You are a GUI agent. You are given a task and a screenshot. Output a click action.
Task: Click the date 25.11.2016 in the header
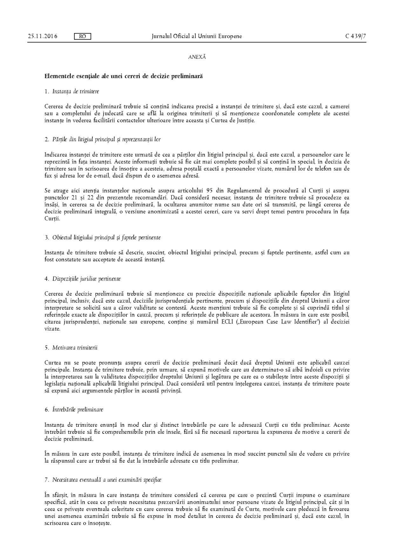click(43, 36)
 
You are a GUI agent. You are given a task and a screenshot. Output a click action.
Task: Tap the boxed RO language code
click(82, 36)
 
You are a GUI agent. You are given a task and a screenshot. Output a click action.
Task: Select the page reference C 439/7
click(356, 36)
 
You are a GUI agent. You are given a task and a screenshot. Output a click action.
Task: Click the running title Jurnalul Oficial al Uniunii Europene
click(197, 36)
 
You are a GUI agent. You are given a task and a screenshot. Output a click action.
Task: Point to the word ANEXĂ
click(197, 57)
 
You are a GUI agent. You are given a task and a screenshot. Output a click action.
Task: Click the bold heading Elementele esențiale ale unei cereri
click(124, 77)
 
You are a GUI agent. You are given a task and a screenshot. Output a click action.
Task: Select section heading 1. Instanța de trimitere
click(72, 91)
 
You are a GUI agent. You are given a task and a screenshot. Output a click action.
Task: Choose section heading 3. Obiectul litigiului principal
click(103, 238)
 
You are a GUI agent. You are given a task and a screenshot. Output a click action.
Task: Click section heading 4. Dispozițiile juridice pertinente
click(83, 279)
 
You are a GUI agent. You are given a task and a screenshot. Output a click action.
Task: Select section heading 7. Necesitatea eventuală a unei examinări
click(103, 480)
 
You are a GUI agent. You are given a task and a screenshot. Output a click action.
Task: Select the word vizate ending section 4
click(52, 329)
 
